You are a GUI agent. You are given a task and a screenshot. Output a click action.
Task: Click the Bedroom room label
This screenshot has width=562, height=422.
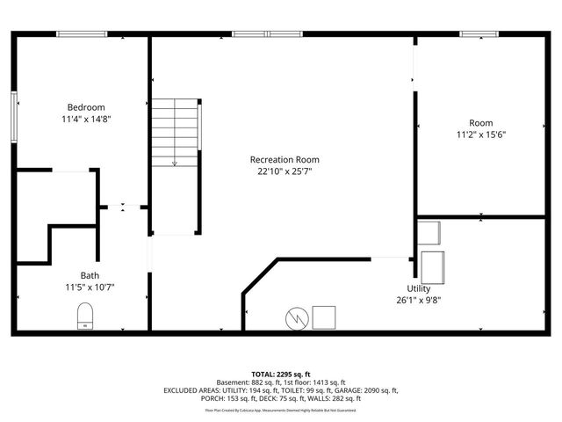pos(85,106)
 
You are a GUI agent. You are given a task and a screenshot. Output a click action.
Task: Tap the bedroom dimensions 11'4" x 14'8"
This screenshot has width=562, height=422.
pos(85,119)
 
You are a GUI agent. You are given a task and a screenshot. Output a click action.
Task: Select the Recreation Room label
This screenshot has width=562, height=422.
pos(285,159)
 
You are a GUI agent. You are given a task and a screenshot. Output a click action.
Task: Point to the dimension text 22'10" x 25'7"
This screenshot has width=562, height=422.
pos(285,171)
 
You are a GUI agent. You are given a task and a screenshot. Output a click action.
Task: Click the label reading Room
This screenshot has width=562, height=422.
pos(480,122)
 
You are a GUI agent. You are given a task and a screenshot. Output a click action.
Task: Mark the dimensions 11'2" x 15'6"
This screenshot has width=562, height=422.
pos(480,135)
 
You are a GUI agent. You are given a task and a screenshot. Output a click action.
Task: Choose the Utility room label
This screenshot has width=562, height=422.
pos(418,288)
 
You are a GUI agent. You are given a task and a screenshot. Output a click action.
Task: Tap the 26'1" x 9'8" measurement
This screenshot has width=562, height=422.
pos(418,301)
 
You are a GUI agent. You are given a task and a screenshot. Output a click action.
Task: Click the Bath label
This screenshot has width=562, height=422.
pos(90,274)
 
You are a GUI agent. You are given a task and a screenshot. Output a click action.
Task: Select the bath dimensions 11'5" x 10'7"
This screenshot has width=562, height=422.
pos(90,287)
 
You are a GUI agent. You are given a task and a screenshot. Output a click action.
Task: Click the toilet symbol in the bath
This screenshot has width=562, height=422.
pos(85,316)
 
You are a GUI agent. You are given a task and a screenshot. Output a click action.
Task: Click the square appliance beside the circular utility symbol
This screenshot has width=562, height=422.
pos(324,316)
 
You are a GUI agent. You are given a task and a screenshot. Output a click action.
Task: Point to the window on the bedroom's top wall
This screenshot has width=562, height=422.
pos(83,34)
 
